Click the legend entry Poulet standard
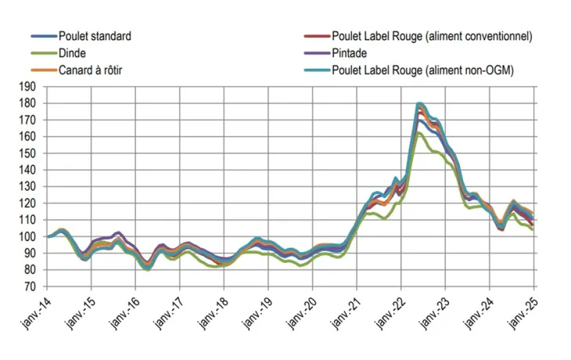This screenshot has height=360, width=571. [x=95, y=36]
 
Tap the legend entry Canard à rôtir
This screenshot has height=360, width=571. [x=91, y=70]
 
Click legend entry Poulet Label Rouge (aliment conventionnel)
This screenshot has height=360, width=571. [x=432, y=36]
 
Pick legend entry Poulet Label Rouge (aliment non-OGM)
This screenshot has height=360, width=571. [x=422, y=70]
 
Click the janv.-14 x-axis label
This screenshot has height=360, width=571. [x=38, y=311]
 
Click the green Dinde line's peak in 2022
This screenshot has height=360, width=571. [x=419, y=133]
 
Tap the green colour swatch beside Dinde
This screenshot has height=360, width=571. [x=43, y=53]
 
